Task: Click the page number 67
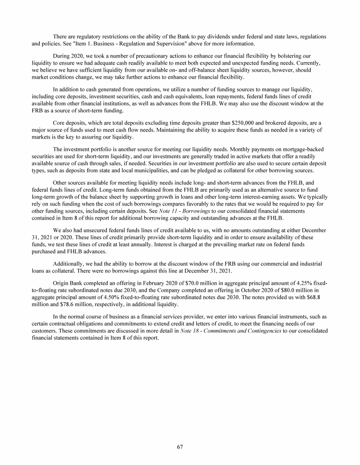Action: (180, 446)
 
